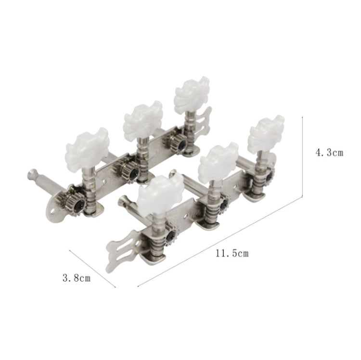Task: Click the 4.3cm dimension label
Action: click(329, 153)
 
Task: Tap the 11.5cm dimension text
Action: click(232, 254)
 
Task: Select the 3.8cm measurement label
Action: click(77, 278)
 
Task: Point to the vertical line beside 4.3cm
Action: click(302, 157)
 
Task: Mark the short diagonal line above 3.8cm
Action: click(92, 269)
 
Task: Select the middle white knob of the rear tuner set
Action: click(143, 120)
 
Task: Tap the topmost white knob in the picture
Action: click(192, 94)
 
